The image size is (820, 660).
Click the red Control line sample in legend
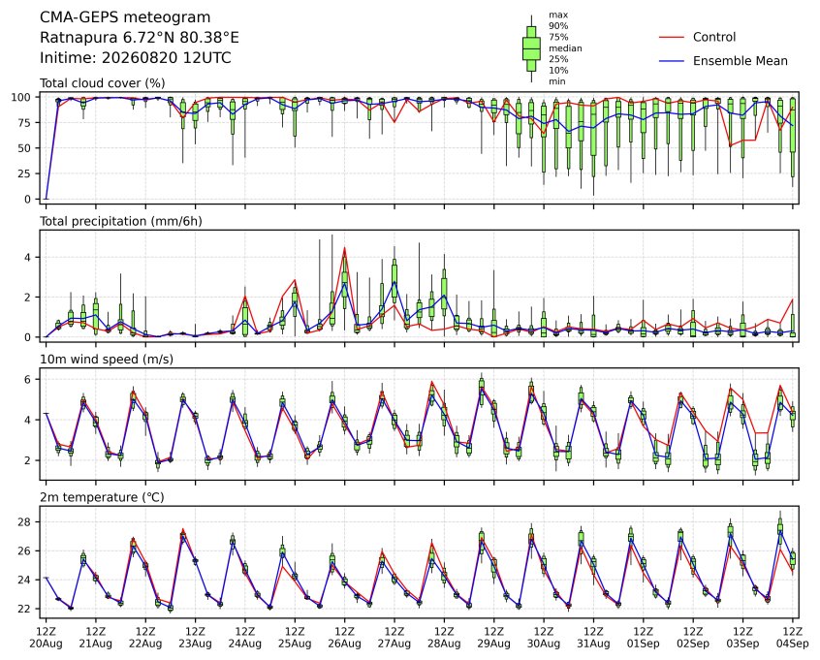[x=672, y=37]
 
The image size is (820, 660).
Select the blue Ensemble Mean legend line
[x=672, y=61]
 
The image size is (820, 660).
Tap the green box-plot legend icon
[x=532, y=48]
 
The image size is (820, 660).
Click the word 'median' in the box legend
[x=565, y=48]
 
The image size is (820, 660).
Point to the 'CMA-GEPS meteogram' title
[x=125, y=17]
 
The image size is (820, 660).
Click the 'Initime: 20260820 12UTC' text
[x=136, y=57]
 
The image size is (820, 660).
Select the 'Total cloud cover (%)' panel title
[x=103, y=83]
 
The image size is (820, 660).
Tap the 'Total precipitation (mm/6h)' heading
[x=121, y=221]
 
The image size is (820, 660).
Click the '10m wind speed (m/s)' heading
[x=107, y=360]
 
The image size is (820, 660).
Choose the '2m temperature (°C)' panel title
[x=102, y=497]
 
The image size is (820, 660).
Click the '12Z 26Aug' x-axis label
[x=345, y=638]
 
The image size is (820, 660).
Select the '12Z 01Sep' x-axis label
[x=644, y=638]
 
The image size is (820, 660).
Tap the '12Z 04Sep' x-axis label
[x=793, y=638]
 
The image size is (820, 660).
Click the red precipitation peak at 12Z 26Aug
[x=345, y=248]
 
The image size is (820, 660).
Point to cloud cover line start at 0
[x=46, y=199]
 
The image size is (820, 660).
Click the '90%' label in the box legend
[x=558, y=26]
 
